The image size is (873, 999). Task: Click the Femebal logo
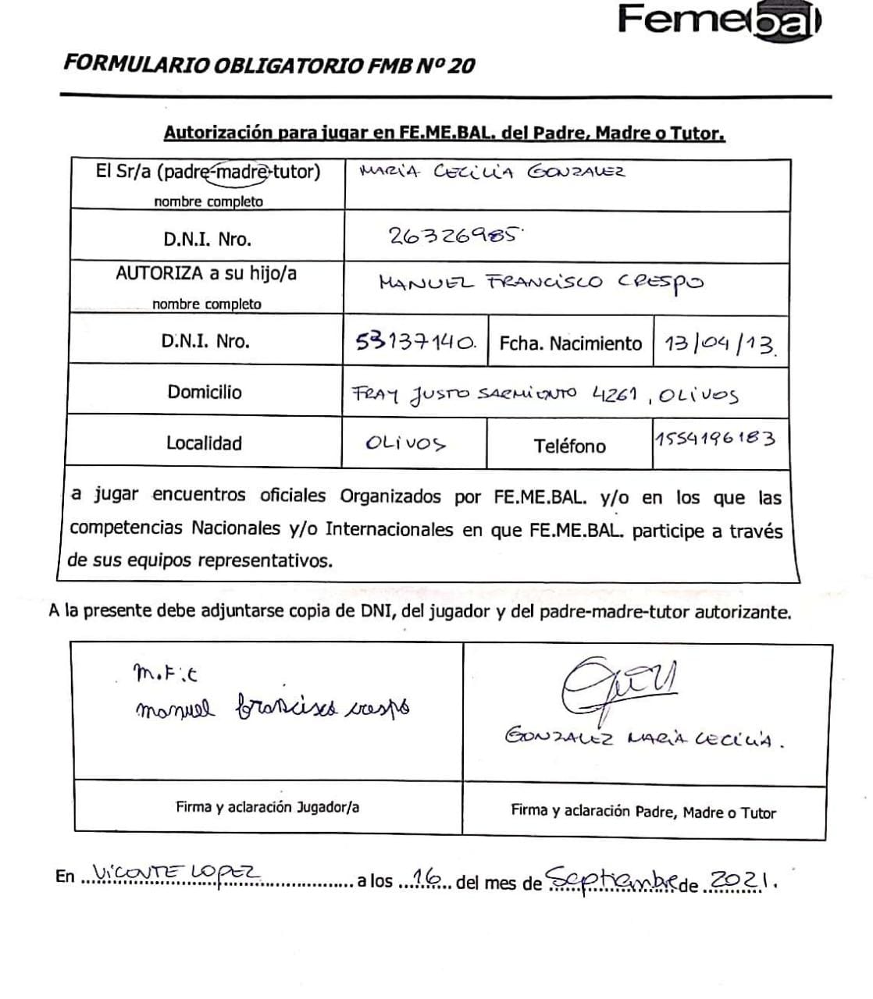(x=718, y=19)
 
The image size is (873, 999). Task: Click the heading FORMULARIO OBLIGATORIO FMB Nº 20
(x=269, y=65)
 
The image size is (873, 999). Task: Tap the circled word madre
(x=241, y=172)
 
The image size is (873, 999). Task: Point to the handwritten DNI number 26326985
(x=453, y=235)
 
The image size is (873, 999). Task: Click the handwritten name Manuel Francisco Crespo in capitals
(x=540, y=282)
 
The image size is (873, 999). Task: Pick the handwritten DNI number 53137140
(x=415, y=341)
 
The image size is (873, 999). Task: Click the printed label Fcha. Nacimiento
(x=570, y=343)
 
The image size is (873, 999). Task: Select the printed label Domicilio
(x=205, y=392)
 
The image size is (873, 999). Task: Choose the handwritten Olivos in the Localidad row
(x=405, y=443)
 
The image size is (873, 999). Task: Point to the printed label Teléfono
(x=569, y=446)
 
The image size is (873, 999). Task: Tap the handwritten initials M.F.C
(x=155, y=673)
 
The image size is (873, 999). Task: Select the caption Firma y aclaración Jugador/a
(x=267, y=807)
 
